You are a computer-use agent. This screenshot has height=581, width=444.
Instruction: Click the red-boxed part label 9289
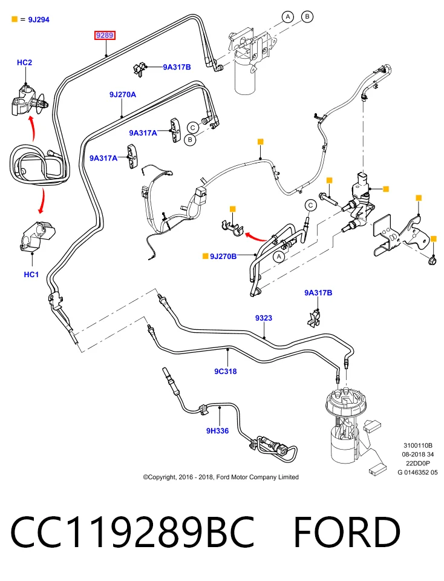[x=105, y=36]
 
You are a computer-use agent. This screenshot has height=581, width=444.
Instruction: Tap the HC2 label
[x=24, y=62]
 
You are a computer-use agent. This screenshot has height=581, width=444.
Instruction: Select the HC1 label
[x=31, y=275]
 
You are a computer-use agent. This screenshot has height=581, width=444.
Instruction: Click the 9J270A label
[x=123, y=95]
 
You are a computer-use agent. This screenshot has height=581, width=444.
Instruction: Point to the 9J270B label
[x=223, y=257]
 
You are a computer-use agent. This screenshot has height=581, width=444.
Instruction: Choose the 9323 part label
[x=264, y=318]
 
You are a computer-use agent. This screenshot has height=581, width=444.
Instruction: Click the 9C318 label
[x=226, y=371]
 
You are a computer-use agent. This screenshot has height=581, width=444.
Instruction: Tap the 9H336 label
[x=217, y=430]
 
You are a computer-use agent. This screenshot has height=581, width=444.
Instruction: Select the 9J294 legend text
[x=39, y=19]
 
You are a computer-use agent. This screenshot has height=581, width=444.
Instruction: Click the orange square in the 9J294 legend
[x=15, y=19]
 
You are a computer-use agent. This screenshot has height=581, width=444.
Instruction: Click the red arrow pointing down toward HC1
[x=42, y=200]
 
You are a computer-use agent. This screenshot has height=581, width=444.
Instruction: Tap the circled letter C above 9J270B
[x=310, y=205]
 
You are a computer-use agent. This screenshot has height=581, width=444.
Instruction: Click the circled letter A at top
[x=288, y=17]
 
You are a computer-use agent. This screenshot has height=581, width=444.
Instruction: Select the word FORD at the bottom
[x=347, y=532]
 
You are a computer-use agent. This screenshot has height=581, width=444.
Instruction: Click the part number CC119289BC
[x=133, y=532]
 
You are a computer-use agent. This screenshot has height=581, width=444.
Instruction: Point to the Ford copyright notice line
[x=221, y=478]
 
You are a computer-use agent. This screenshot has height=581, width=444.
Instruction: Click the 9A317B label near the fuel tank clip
[x=318, y=293]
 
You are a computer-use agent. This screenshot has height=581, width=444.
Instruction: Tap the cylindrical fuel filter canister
[x=246, y=76]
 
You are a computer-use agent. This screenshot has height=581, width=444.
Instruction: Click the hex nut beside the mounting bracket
[x=432, y=261]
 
